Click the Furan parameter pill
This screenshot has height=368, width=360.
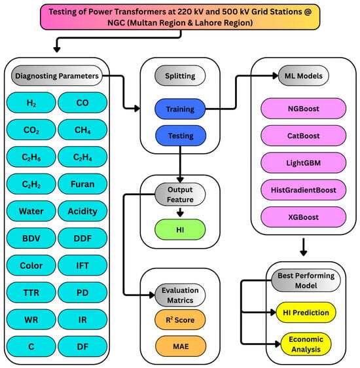(82, 184)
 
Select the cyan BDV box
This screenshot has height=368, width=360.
(31, 238)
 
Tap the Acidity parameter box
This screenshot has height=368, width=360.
(82, 212)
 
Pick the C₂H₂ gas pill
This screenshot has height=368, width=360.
(31, 184)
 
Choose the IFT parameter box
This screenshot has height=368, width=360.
(82, 265)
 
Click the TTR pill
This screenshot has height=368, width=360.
(31, 293)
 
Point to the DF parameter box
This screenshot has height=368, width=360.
(82, 346)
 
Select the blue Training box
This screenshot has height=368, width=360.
(180, 109)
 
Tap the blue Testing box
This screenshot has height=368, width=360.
(181, 136)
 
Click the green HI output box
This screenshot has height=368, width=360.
(180, 230)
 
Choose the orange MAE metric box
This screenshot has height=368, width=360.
(181, 346)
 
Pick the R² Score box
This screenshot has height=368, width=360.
(180, 320)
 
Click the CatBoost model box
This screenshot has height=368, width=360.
(304, 136)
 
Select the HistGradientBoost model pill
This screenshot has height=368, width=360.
(304, 190)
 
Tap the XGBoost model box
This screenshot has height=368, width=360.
(304, 217)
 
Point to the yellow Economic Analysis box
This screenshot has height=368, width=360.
(306, 344)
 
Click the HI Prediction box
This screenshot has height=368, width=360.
(306, 312)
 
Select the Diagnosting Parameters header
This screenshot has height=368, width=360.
(57, 75)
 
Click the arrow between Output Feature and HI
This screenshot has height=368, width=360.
(180, 212)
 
